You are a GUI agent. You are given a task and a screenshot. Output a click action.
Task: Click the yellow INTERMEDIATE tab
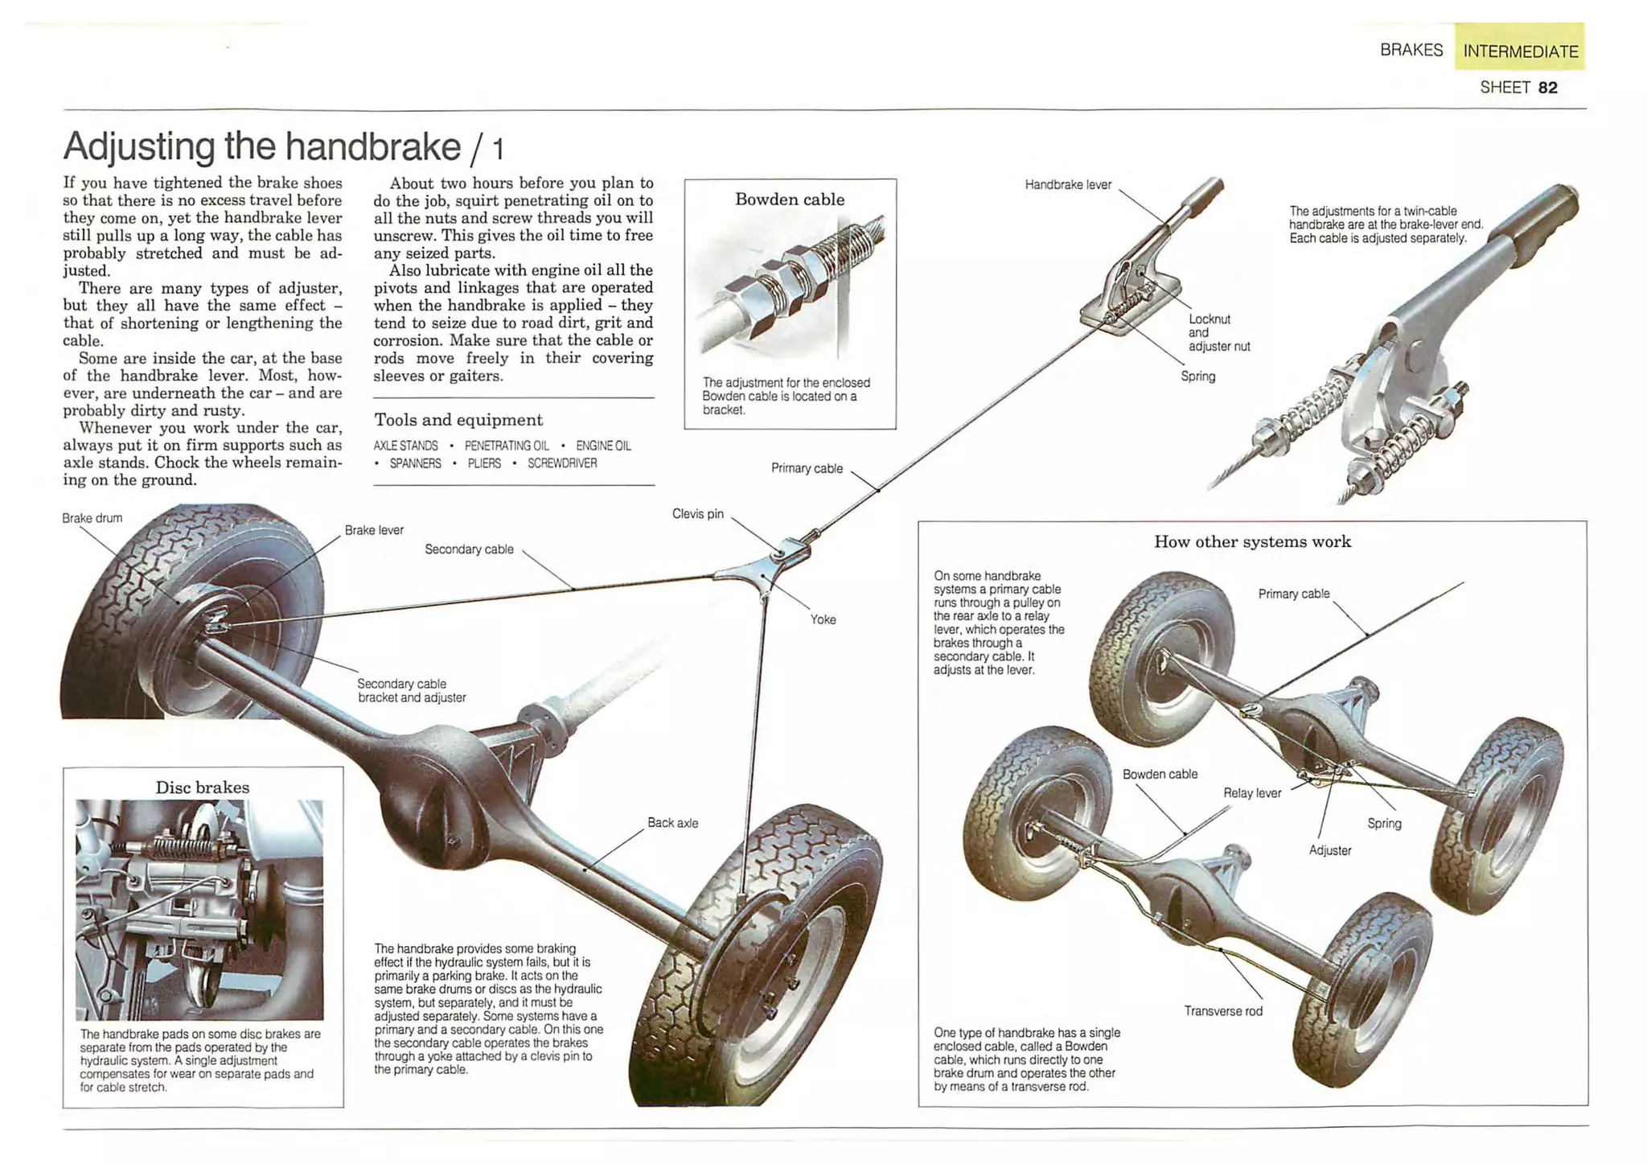coord(1519,50)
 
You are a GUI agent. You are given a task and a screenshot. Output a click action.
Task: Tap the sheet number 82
coord(1547,87)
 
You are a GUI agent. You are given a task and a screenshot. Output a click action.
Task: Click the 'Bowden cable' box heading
coord(789,199)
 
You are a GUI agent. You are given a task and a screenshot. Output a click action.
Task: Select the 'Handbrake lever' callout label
coord(1067,184)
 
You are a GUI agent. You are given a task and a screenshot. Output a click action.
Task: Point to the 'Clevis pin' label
coord(697,513)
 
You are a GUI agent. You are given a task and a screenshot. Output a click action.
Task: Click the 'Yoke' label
coord(823,619)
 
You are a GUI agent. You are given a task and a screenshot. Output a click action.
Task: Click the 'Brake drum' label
coord(92,518)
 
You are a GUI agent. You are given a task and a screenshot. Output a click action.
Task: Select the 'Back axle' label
coord(672,823)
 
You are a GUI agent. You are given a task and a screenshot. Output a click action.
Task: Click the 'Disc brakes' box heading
coord(202,787)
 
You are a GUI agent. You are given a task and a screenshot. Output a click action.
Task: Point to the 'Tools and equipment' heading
coord(458,419)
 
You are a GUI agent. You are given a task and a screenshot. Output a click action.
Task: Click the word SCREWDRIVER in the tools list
coord(561,463)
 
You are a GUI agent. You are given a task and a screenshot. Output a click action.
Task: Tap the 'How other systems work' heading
coord(1252,541)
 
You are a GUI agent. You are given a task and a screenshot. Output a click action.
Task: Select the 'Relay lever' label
coord(1251,793)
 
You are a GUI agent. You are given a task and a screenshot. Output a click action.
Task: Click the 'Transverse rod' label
coord(1222,1011)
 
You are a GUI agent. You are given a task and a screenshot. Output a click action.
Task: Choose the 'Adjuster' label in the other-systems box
coord(1329,850)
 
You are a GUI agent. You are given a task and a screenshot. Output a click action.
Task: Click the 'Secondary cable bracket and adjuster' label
coord(411,690)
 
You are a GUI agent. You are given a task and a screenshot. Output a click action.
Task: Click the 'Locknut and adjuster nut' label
coord(1218,332)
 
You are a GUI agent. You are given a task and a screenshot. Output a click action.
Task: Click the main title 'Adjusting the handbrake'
coord(262,146)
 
